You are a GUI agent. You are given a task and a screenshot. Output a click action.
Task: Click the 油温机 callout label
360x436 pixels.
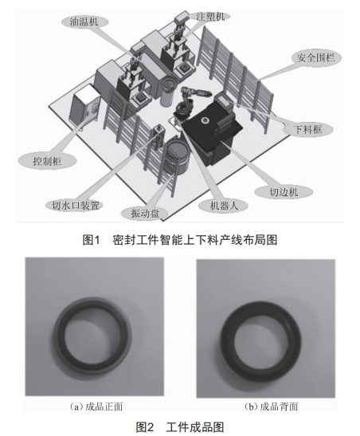[84, 22]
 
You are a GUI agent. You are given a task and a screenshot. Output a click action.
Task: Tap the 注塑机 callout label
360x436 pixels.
[210, 17]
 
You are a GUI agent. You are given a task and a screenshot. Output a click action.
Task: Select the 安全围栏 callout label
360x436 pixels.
[316, 58]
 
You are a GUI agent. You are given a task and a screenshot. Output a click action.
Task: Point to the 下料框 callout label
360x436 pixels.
[307, 129]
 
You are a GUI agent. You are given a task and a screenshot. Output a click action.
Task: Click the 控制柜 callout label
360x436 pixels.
[47, 161]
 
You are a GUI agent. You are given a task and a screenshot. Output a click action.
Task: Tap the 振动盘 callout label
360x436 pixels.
[145, 214]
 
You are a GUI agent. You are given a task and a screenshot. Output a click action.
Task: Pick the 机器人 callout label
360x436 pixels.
[224, 206]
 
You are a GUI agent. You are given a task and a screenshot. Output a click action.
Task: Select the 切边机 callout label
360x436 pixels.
[284, 192]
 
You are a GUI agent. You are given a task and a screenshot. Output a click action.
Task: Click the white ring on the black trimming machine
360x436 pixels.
[205, 120]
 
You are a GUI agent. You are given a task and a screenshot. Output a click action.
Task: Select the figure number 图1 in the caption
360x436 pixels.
[91, 240]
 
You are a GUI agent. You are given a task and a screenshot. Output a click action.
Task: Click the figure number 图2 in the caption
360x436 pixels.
[145, 427]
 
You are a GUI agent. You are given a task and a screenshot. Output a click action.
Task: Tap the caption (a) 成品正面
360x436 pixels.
[96, 407]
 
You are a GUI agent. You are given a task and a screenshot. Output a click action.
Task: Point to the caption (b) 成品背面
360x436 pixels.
[272, 407]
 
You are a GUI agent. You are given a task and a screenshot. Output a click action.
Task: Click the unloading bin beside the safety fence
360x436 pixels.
[225, 100]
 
